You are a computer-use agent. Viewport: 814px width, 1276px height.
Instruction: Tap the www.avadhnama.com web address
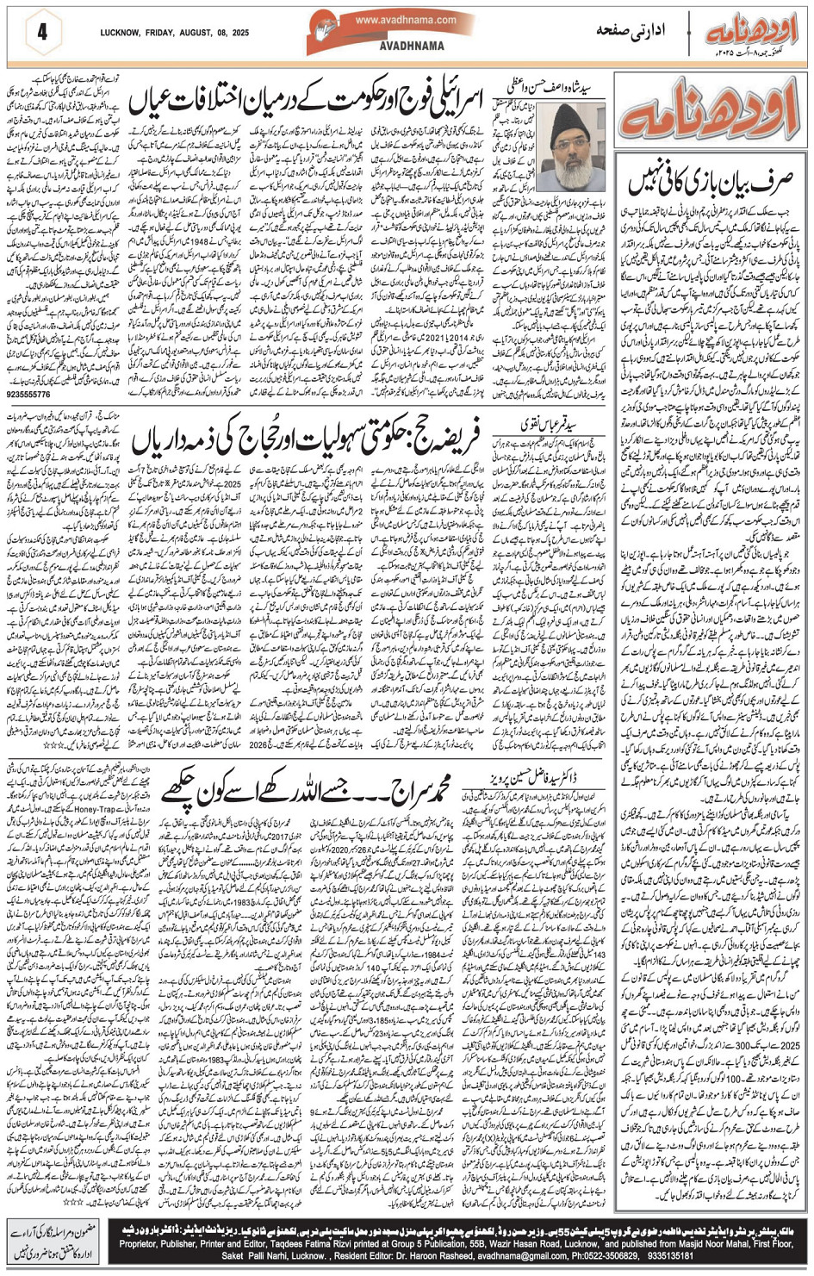pos(404,20)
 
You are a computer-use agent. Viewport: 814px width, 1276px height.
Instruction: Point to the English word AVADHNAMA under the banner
pos(412,46)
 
